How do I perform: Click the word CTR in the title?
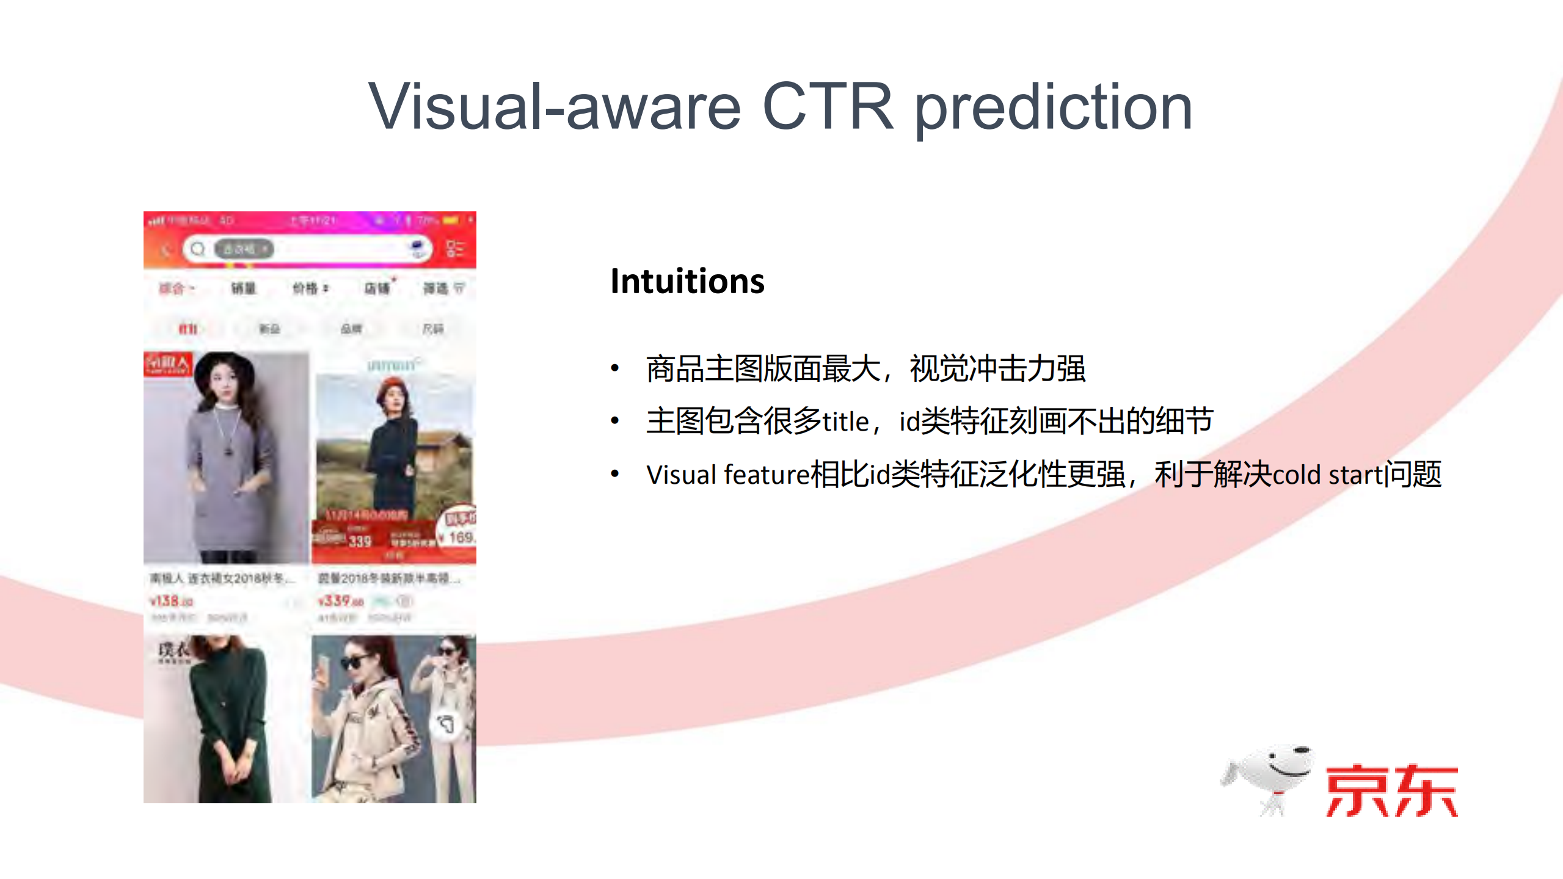(828, 107)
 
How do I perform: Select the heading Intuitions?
(687, 282)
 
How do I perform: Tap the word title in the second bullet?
(845, 421)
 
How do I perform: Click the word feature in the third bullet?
(767, 475)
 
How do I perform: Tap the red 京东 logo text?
(1391, 790)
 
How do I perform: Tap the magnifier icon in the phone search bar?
(197, 249)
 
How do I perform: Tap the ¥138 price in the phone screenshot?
(172, 601)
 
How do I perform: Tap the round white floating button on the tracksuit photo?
(446, 724)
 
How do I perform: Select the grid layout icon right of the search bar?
(454, 249)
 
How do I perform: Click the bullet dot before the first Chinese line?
(615, 368)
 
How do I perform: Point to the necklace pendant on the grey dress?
(228, 451)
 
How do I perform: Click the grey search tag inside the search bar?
(243, 249)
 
